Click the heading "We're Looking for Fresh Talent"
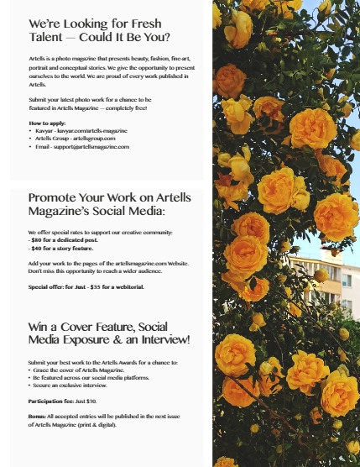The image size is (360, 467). pyautogui.click(x=99, y=30)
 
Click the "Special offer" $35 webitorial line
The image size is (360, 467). pyautogui.click(x=86, y=286)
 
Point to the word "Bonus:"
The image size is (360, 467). pyautogui.click(x=38, y=417)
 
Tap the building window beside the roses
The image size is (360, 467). pyautogui.click(x=346, y=281)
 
